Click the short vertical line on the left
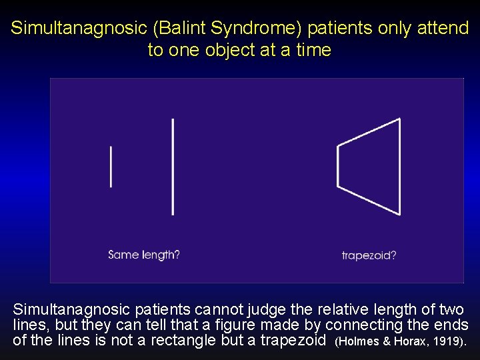coord(111,167)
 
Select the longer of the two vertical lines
coord(173,167)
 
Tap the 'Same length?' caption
coord(144,255)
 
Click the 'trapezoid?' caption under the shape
coord(369,255)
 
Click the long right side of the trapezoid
coord(400,167)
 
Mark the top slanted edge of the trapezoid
coord(369,131)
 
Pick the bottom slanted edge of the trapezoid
coord(369,200)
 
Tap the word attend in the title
coord(443,29)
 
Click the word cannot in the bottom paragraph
coord(218,310)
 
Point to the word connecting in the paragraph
coord(361,325)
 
